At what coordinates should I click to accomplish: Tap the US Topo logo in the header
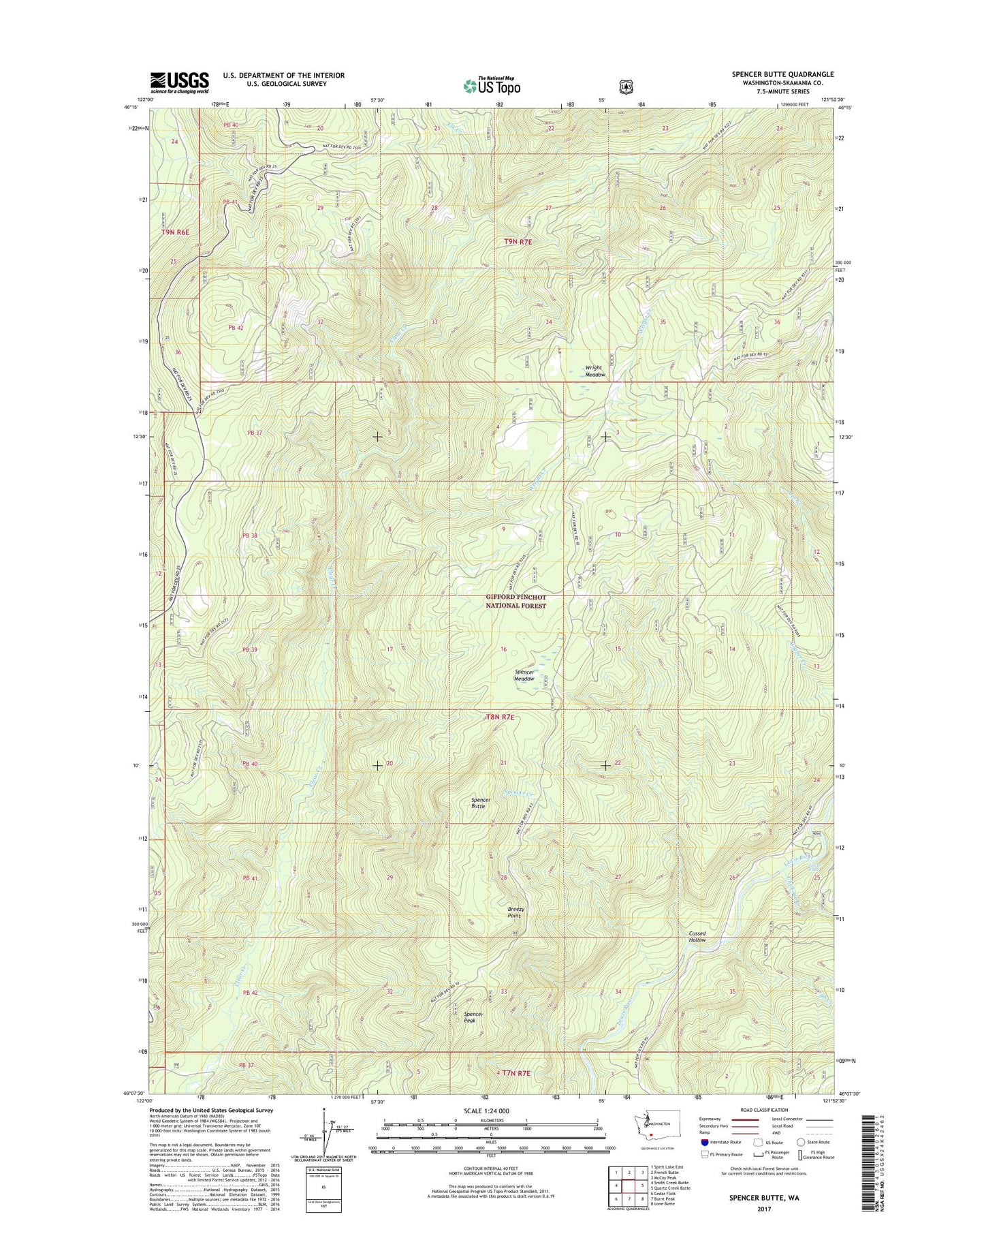coord(492,85)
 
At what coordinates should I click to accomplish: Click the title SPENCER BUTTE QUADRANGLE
coord(782,74)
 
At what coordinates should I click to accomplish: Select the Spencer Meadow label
coord(524,675)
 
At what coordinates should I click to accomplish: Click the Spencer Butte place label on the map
coord(480,803)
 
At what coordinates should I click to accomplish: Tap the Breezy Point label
coord(515,912)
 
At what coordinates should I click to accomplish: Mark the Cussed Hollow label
coord(697,936)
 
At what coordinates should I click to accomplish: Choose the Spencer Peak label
coord(473,1017)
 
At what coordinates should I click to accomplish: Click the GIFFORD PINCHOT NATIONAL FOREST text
coord(515,601)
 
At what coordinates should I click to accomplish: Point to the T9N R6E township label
coord(175,232)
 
